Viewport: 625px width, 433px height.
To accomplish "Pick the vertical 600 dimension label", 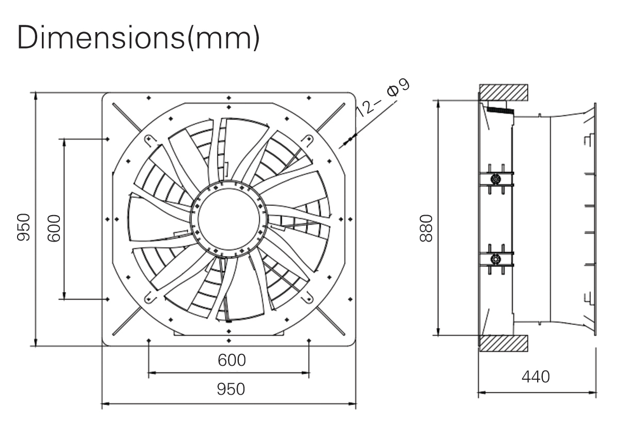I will (x=54, y=228).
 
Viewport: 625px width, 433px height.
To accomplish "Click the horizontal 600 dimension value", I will (x=231, y=360).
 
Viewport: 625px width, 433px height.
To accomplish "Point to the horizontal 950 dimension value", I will (x=231, y=389).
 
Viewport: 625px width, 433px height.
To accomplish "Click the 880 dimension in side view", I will (x=426, y=228).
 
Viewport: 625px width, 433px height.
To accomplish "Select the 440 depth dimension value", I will (x=536, y=377).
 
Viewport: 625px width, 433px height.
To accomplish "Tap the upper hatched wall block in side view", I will (x=503, y=93).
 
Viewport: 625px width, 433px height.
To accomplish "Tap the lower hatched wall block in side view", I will (x=503, y=343).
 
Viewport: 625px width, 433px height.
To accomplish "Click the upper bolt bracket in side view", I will (x=496, y=179).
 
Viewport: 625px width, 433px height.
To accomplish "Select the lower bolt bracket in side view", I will (x=496, y=259).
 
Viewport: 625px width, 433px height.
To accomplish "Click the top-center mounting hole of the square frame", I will (x=228, y=97).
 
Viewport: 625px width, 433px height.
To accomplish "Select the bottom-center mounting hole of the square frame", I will (x=228, y=340).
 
